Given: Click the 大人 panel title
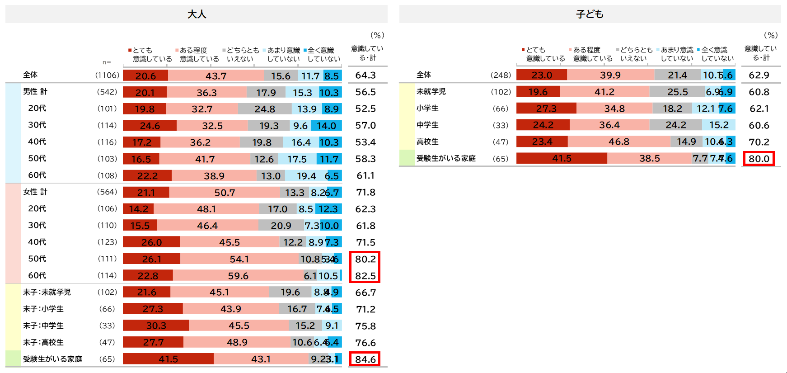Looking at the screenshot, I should click(x=197, y=14).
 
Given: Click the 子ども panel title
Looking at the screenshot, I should click(x=590, y=14).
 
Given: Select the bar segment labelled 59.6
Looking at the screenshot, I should click(x=238, y=275).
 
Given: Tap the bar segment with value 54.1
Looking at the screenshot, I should click(x=239, y=259).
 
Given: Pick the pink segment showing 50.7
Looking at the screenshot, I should click(x=225, y=193).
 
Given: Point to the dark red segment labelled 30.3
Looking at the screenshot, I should click(x=156, y=326).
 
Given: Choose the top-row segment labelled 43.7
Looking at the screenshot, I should click(x=216, y=76).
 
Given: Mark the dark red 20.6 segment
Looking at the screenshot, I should click(x=145, y=76).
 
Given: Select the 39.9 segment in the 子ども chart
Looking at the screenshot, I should click(x=610, y=75).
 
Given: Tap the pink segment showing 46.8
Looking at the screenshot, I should click(x=619, y=142).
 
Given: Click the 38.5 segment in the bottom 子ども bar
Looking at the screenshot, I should click(x=650, y=158).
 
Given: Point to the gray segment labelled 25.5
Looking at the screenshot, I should click(x=677, y=92).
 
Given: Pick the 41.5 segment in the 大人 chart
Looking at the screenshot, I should click(x=168, y=359).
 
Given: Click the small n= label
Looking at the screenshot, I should click(x=107, y=62).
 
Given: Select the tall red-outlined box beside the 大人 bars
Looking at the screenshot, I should click(x=365, y=267).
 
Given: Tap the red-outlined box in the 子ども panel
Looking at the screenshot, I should click(x=759, y=159).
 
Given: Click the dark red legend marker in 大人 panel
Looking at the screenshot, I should click(x=130, y=50).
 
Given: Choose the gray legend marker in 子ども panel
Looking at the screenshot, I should click(x=618, y=49).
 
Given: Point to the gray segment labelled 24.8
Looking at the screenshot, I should click(x=265, y=109).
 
